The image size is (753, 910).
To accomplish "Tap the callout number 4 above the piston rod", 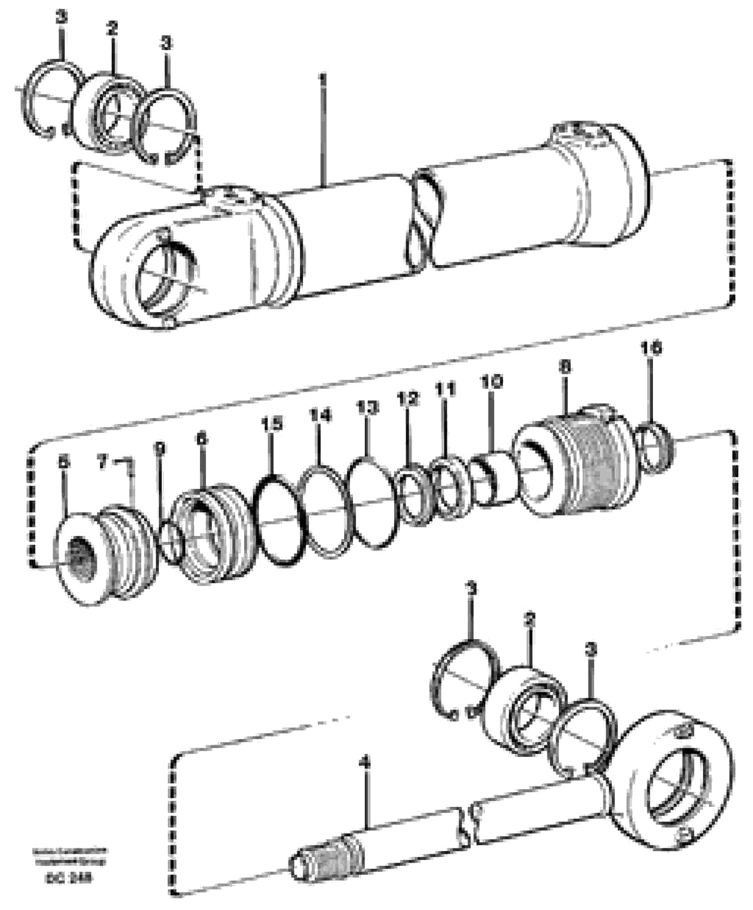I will coord(366,763).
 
